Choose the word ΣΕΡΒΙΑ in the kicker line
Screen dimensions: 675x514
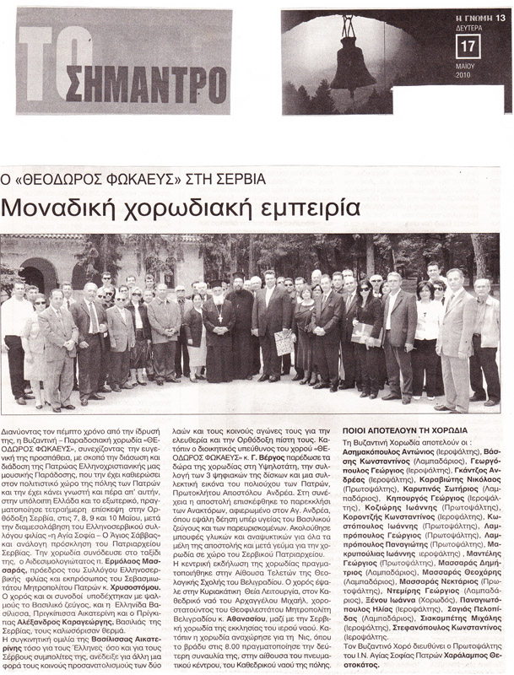click(237, 179)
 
